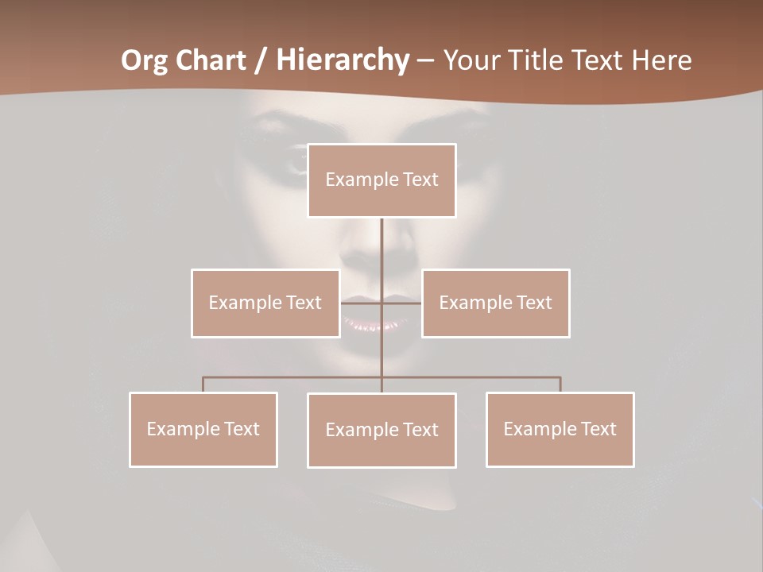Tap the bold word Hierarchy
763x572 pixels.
(x=342, y=60)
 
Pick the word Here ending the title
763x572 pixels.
(x=661, y=60)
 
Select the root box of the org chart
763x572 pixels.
(x=381, y=180)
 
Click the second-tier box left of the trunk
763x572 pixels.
(x=265, y=303)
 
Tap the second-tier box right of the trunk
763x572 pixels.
(x=495, y=303)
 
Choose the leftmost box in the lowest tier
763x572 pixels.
(x=203, y=429)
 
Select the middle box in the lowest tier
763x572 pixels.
(x=381, y=430)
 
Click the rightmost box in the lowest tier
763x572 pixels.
(x=560, y=429)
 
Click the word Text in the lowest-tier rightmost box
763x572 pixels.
(x=598, y=429)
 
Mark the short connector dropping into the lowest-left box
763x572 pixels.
(x=203, y=385)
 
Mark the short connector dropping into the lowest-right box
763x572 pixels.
(x=560, y=385)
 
